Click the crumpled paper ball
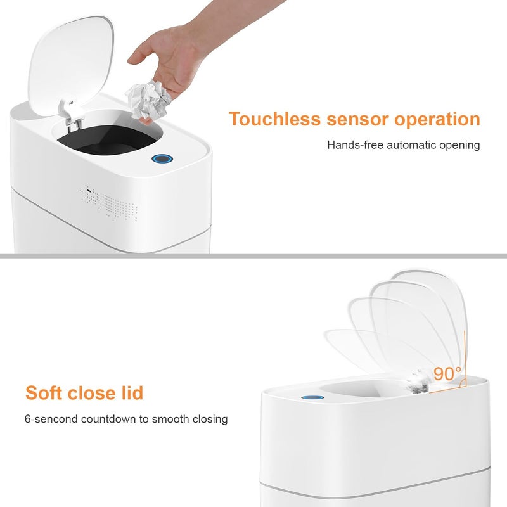[x=149, y=101]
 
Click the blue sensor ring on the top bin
[x=162, y=159]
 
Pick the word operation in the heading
[x=437, y=119]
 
